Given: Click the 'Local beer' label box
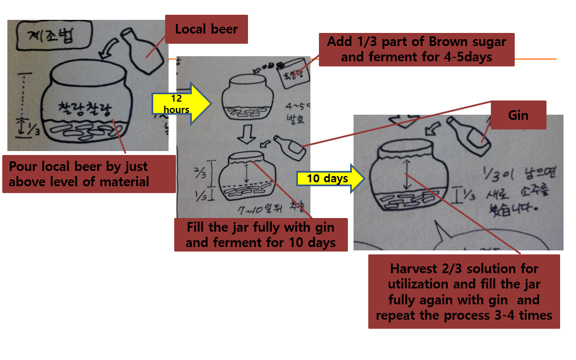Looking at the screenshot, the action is [206, 29].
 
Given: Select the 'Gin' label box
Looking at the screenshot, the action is [518, 115].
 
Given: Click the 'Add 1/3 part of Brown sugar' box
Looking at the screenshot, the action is [417, 49].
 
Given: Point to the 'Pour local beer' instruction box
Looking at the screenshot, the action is [89, 174].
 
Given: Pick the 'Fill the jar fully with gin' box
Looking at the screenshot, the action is [260, 235].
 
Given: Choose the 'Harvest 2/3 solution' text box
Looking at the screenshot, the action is [464, 291].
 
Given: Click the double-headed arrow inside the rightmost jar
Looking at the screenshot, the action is [406, 174].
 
